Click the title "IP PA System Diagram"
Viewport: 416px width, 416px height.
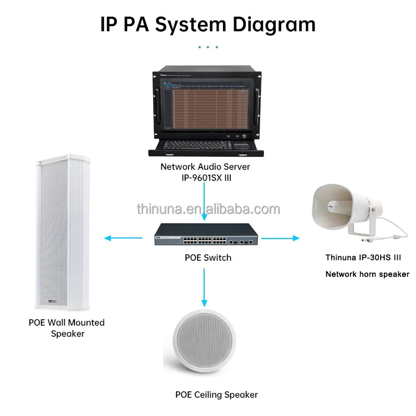[208, 24]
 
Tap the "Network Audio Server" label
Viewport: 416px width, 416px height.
[205, 166]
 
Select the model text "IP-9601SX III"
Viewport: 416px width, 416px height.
[205, 177]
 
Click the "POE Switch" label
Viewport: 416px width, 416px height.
[208, 257]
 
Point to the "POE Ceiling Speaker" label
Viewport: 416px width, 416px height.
[216, 395]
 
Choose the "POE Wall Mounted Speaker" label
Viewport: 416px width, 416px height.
[67, 328]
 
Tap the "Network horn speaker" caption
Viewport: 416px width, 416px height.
[367, 274]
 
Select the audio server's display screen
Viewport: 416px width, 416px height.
[205, 105]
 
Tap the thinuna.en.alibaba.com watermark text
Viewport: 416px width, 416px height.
[208, 209]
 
